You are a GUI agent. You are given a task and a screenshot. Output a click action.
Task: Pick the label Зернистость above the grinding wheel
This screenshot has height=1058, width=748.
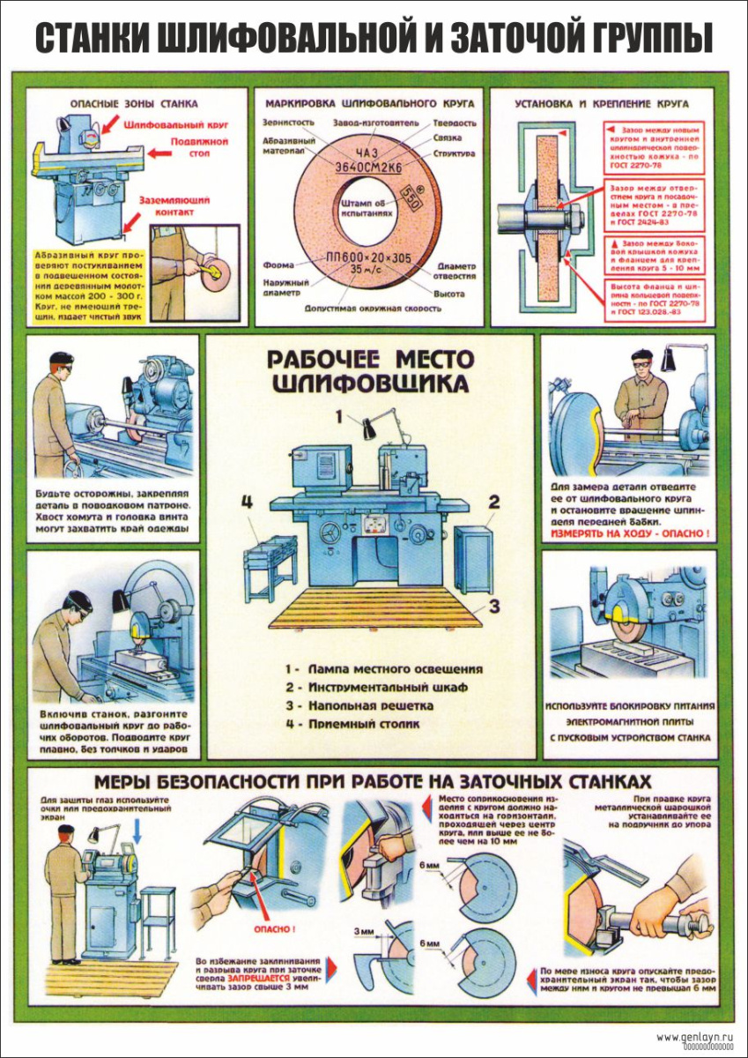coord(290,123)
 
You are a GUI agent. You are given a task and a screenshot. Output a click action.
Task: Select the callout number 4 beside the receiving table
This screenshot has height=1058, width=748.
coord(248,502)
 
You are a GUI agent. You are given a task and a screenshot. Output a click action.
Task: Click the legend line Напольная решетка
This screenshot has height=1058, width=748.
coord(365,705)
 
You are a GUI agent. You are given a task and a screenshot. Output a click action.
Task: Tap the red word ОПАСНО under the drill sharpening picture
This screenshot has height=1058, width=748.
coord(274,928)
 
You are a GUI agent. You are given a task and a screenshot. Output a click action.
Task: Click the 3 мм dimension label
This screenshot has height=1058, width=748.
coord(363,931)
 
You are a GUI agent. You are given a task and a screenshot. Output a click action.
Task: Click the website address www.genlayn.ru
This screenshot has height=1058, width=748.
coord(696,1036)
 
